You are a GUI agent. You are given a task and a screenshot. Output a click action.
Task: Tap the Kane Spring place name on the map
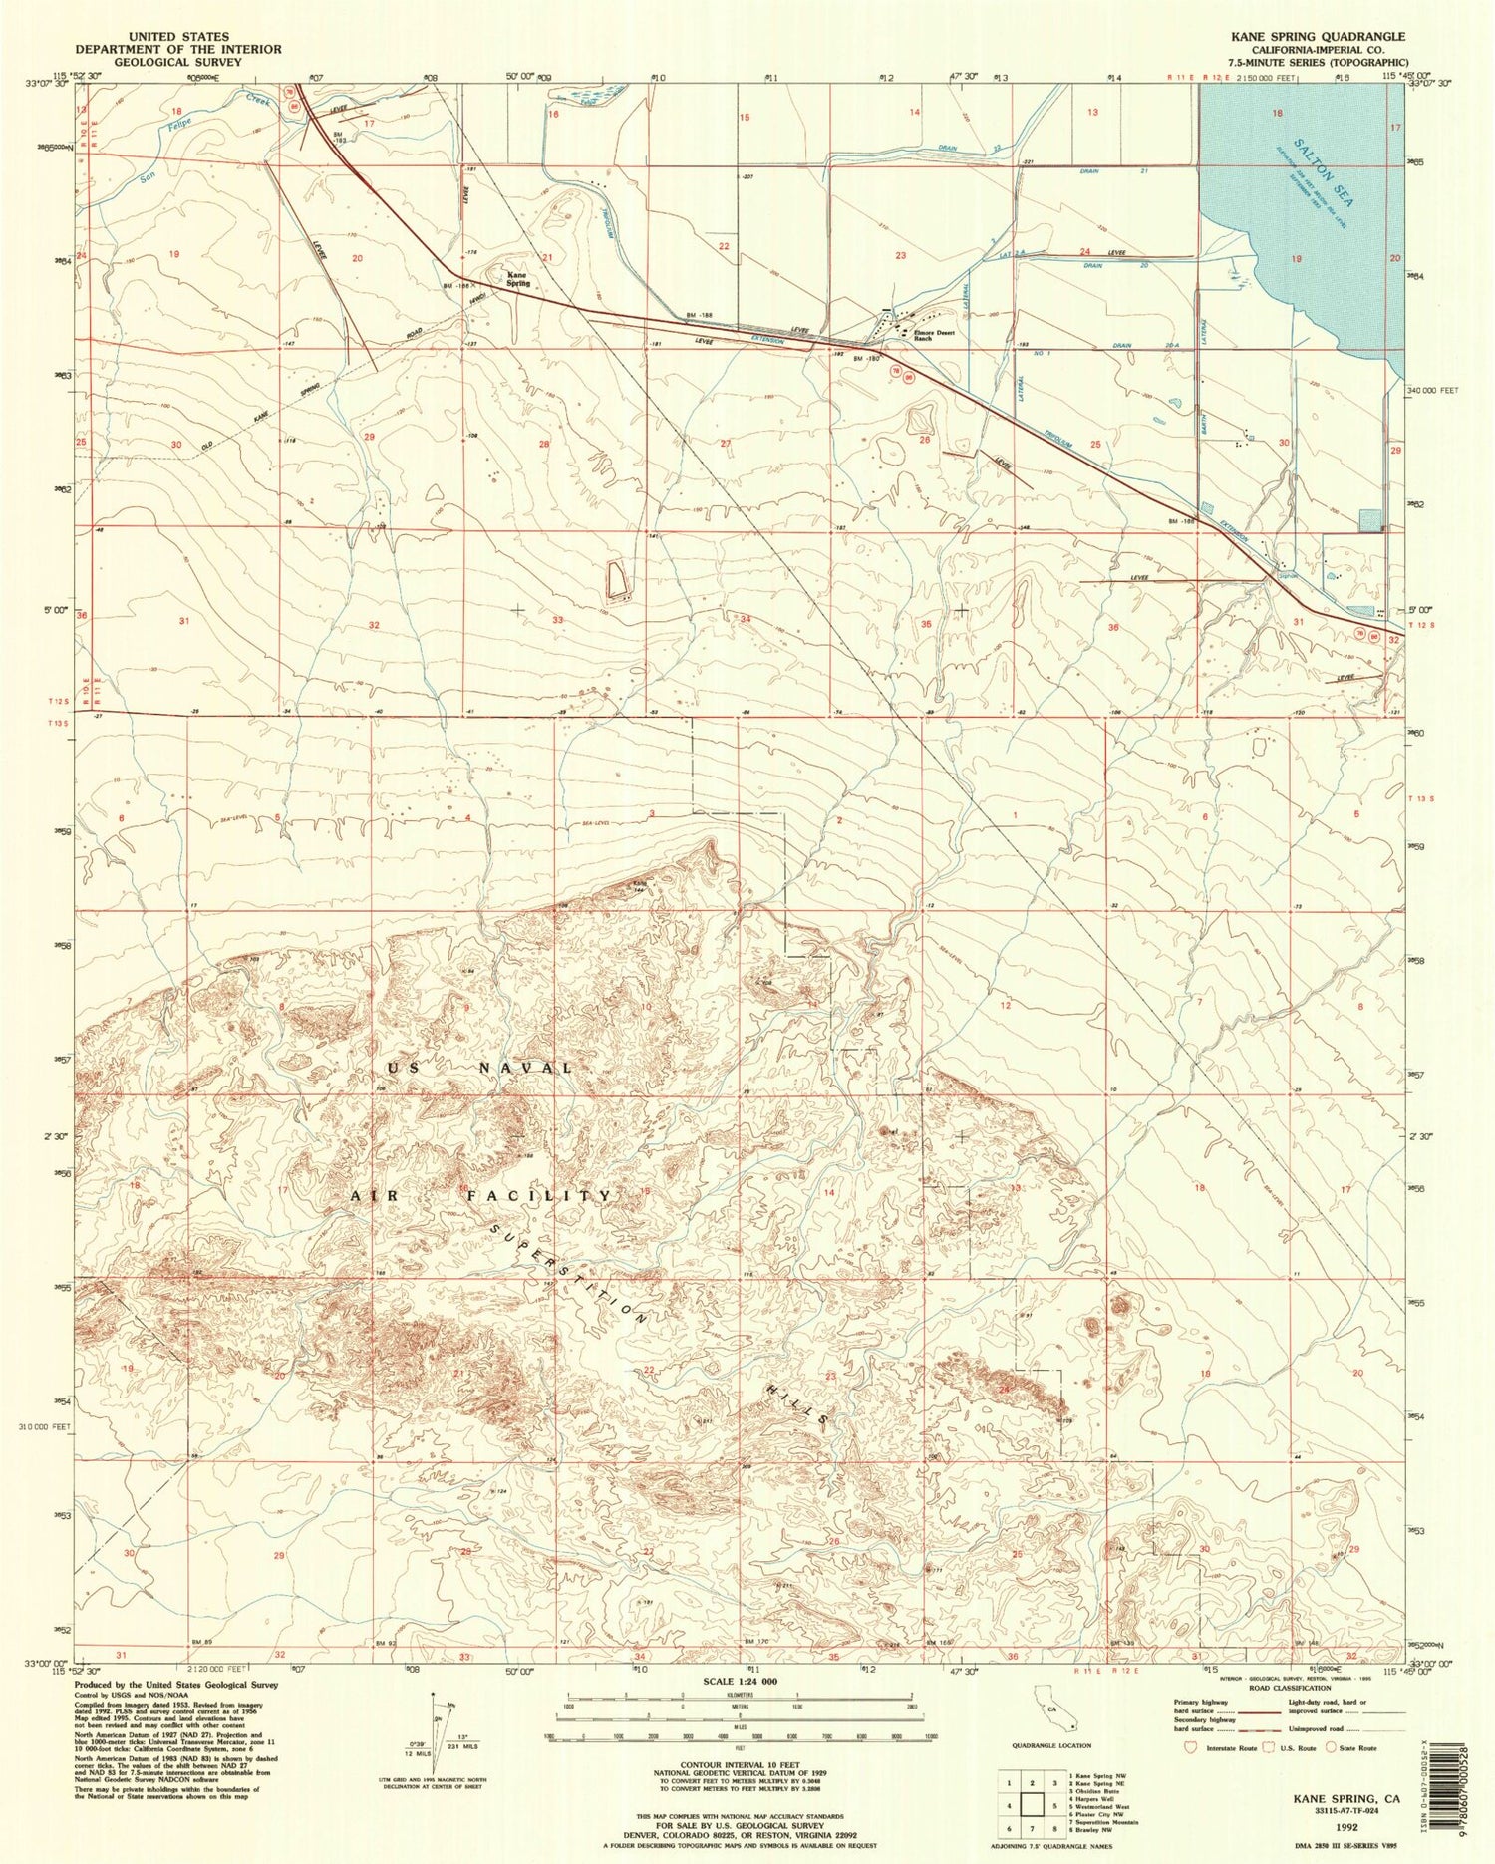516,279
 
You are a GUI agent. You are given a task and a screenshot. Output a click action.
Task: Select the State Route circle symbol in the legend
1324,1747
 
